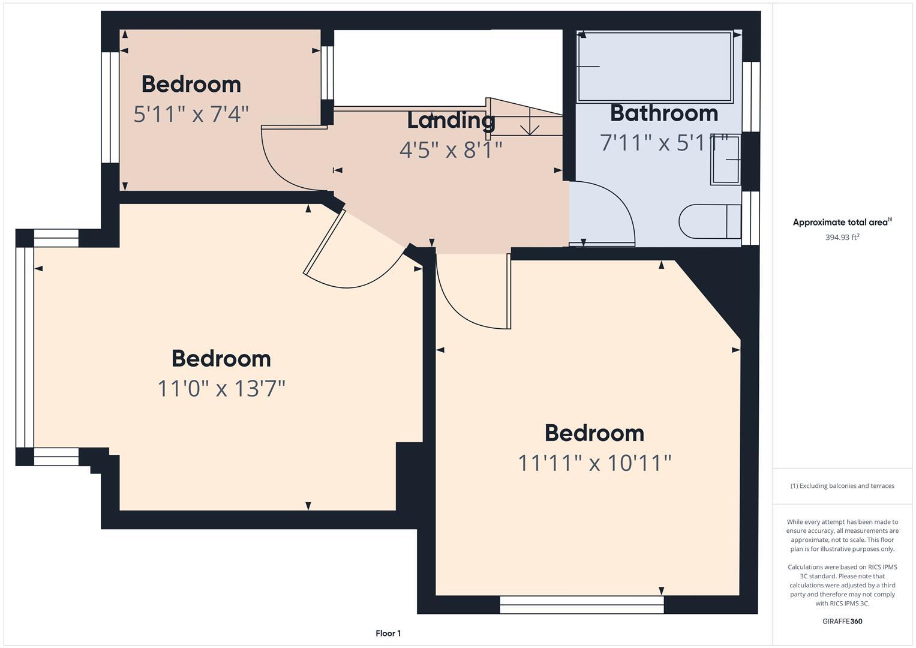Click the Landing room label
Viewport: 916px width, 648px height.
pyautogui.click(x=451, y=120)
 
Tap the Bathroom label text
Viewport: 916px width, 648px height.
pyautogui.click(x=663, y=113)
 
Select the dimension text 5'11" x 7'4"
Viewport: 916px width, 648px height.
pyautogui.click(x=191, y=113)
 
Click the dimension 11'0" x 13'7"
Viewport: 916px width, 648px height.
pyautogui.click(x=221, y=388)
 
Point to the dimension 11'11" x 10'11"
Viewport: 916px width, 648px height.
pyautogui.click(x=594, y=463)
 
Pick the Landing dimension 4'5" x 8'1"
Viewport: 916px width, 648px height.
pyautogui.click(x=451, y=149)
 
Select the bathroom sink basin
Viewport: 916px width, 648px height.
pyautogui.click(x=726, y=159)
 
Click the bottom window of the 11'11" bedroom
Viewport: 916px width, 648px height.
pyautogui.click(x=581, y=604)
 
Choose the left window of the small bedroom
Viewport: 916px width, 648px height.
pyautogui.click(x=110, y=107)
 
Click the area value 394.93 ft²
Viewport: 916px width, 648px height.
pyautogui.click(x=842, y=237)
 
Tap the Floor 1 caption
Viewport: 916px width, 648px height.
pyautogui.click(x=388, y=633)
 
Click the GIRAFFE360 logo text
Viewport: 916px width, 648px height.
pyautogui.click(x=842, y=621)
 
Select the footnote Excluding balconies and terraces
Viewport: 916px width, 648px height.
pyautogui.click(x=842, y=485)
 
